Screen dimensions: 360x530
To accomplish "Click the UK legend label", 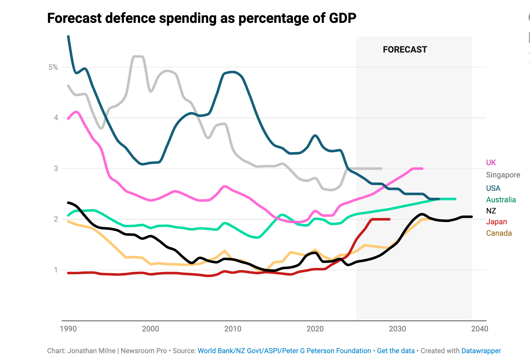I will pos(491,163).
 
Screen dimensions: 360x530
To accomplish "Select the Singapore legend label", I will pos(503,175).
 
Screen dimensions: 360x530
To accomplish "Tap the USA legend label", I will pos(493,188).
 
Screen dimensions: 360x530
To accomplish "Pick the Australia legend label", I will pos(501,200).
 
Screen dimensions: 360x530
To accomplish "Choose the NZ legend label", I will pos(491,211).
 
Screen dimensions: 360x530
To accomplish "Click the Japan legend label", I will pos(496,222).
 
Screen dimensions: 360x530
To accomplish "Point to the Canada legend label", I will pos(499,233).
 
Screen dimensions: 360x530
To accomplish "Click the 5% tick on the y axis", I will pos(53,67).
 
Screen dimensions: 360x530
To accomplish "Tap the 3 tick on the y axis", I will pos(56,169).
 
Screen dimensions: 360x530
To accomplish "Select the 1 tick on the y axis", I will pos(56,270).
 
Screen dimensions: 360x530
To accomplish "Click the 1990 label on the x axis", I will pos(68,329).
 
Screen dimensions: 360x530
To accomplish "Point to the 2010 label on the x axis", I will pos(233,329).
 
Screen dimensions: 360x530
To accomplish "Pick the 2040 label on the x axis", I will pos(479,329).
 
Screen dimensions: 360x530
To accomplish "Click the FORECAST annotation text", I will pos(405,50).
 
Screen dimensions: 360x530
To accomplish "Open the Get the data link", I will pos(396,351).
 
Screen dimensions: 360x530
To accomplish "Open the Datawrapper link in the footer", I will pos(481,351).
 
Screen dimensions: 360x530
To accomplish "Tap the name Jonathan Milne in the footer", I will pos(91,351).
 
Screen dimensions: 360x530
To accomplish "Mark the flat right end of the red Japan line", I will pos(389,219).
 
